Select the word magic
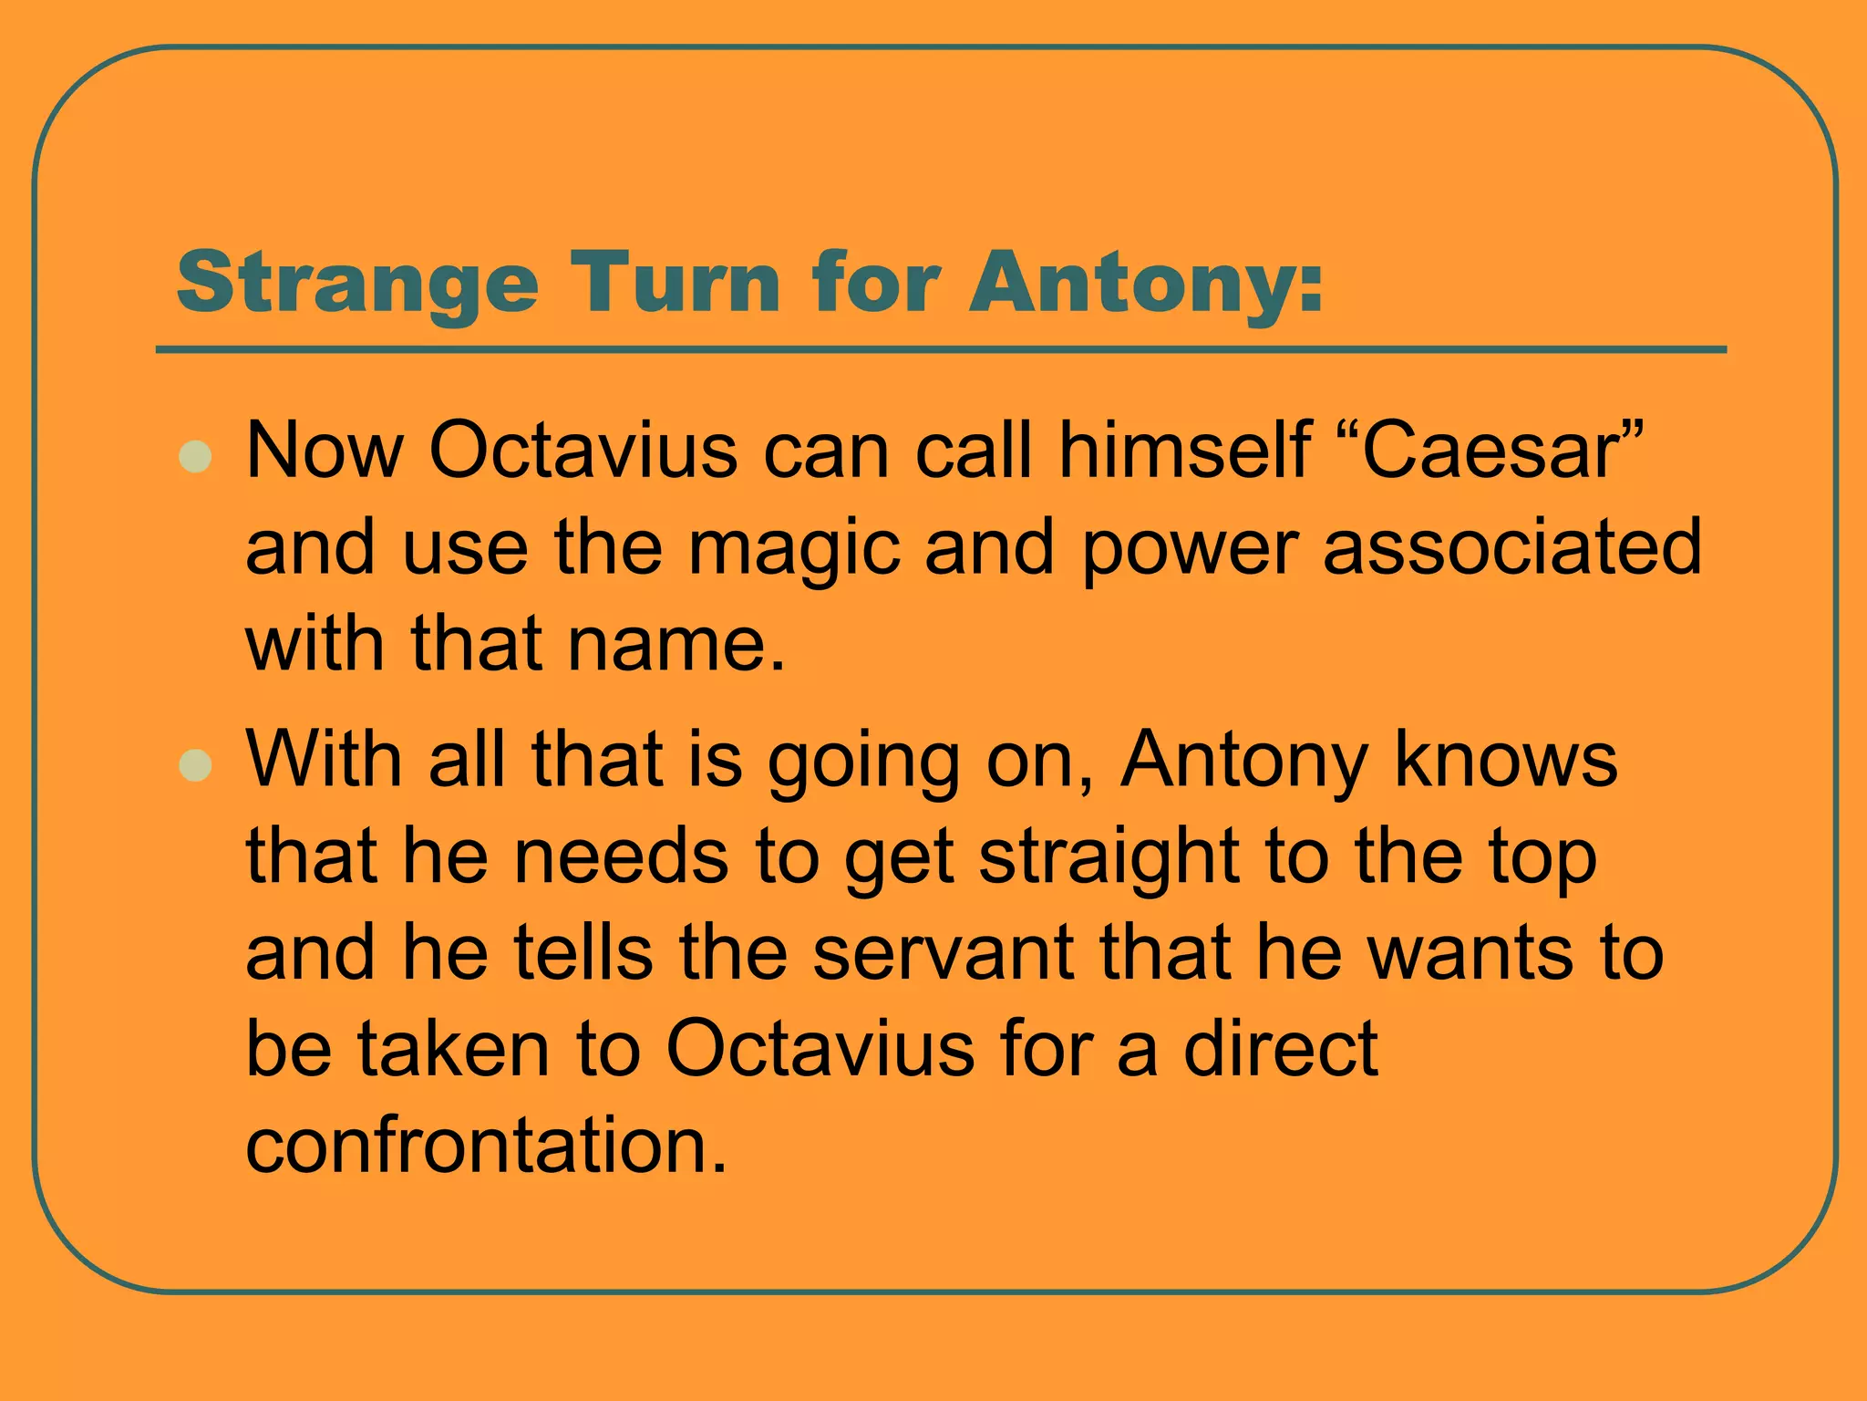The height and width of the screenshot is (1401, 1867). coord(793,548)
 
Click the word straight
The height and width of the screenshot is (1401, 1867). coord(1108,857)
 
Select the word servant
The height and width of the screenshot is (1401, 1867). coord(943,953)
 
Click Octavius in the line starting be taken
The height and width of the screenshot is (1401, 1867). coord(820,1049)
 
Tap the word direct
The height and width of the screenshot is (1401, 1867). coord(1280,1049)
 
